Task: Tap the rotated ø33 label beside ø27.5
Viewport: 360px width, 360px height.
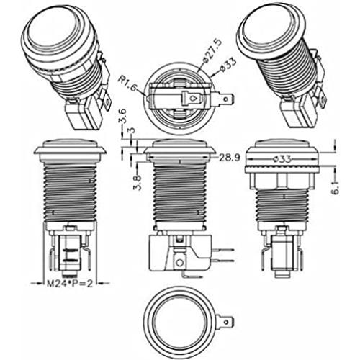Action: click(228, 64)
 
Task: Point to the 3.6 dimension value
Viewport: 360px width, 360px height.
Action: click(122, 117)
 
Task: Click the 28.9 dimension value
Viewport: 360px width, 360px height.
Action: click(229, 158)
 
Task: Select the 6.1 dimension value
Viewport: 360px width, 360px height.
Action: click(336, 187)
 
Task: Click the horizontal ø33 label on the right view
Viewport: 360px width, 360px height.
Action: click(282, 159)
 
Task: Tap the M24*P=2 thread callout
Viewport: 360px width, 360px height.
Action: click(70, 284)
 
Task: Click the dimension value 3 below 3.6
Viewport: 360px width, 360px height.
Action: click(132, 131)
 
